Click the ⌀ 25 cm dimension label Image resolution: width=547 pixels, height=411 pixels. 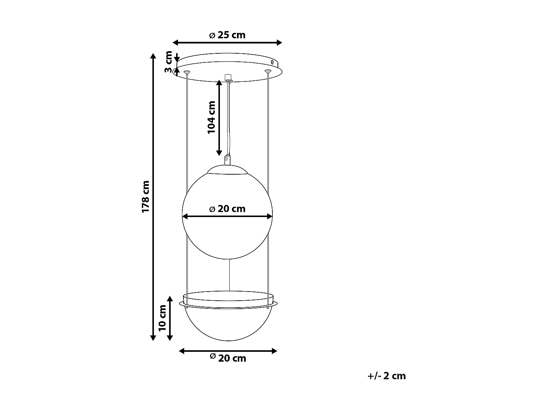(227, 35)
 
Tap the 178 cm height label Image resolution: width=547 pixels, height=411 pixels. (146, 197)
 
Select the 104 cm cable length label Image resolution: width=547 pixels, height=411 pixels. (212, 117)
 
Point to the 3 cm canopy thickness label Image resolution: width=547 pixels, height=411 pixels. (168, 62)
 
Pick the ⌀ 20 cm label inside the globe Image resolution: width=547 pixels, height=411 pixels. (227, 209)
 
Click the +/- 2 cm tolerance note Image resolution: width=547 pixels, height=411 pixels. (387, 376)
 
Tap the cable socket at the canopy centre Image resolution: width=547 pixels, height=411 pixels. (229, 77)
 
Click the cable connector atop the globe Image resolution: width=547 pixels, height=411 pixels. (227, 160)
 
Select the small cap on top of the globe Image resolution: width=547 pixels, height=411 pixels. (227, 169)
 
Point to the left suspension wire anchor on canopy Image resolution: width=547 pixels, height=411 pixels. (187, 72)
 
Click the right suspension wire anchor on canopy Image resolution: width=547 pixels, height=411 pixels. (268, 71)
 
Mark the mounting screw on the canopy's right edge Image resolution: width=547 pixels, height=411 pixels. (273, 62)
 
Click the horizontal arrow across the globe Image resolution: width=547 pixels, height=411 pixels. (227, 216)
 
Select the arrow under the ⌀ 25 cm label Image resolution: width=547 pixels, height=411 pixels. (227, 42)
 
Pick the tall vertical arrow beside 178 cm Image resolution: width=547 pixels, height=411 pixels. (153, 197)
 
